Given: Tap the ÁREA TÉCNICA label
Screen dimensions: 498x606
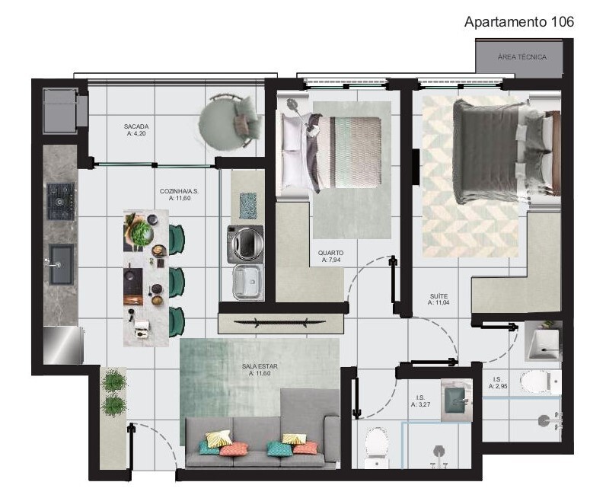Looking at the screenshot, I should pyautogui.click(x=521, y=57).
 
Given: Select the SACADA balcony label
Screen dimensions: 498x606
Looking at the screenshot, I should pyautogui.click(x=136, y=129).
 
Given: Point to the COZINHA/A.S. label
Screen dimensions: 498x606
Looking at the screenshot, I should pyautogui.click(x=179, y=194).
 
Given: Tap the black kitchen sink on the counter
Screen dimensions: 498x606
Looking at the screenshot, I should pyautogui.click(x=61, y=263).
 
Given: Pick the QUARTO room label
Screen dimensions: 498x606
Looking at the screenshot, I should pyautogui.click(x=331, y=256).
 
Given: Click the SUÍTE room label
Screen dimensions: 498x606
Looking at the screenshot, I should pyautogui.click(x=439, y=298).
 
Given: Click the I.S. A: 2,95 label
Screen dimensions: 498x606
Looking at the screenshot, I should pyautogui.click(x=498, y=383).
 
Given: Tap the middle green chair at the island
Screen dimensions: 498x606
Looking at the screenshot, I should pyautogui.click(x=177, y=283).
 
